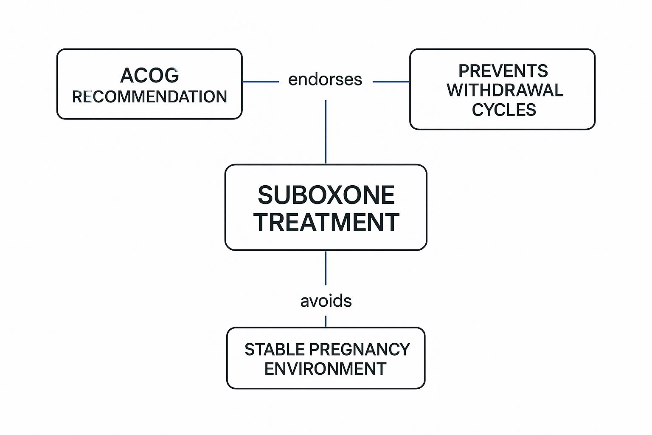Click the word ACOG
click(149, 76)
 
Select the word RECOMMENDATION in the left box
click(149, 97)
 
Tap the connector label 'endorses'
click(325, 79)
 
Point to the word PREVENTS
click(503, 71)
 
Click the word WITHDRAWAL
click(505, 90)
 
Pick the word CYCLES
click(504, 110)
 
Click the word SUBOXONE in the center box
click(326, 195)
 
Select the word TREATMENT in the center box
click(326, 222)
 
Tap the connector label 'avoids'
click(326, 301)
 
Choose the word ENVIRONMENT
click(325, 369)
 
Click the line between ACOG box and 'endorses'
click(260, 82)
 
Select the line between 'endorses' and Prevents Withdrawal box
click(391, 82)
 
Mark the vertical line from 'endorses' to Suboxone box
click(326, 132)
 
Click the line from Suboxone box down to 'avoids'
click(326, 268)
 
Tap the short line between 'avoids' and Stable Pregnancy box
click(326, 321)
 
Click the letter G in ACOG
click(171, 76)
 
